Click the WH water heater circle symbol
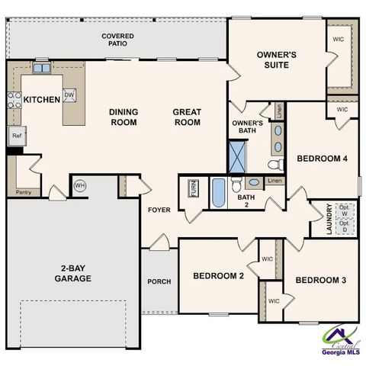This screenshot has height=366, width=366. click(79, 185)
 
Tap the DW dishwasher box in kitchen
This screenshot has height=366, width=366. click(69, 94)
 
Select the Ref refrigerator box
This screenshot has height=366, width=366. click(16, 136)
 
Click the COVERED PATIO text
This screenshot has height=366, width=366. click(118, 40)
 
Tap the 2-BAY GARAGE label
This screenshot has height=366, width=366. click(74, 273)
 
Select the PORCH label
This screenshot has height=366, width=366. click(159, 281)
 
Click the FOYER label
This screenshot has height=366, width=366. click(159, 210)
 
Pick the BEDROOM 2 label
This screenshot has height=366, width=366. click(218, 275)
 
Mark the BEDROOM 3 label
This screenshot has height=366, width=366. click(321, 281)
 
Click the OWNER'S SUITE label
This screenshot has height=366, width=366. click(276, 59)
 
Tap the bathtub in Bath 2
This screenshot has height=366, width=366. click(219, 192)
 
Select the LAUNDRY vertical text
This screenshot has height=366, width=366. click(329, 219)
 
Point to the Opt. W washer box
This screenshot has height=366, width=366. click(345, 210)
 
